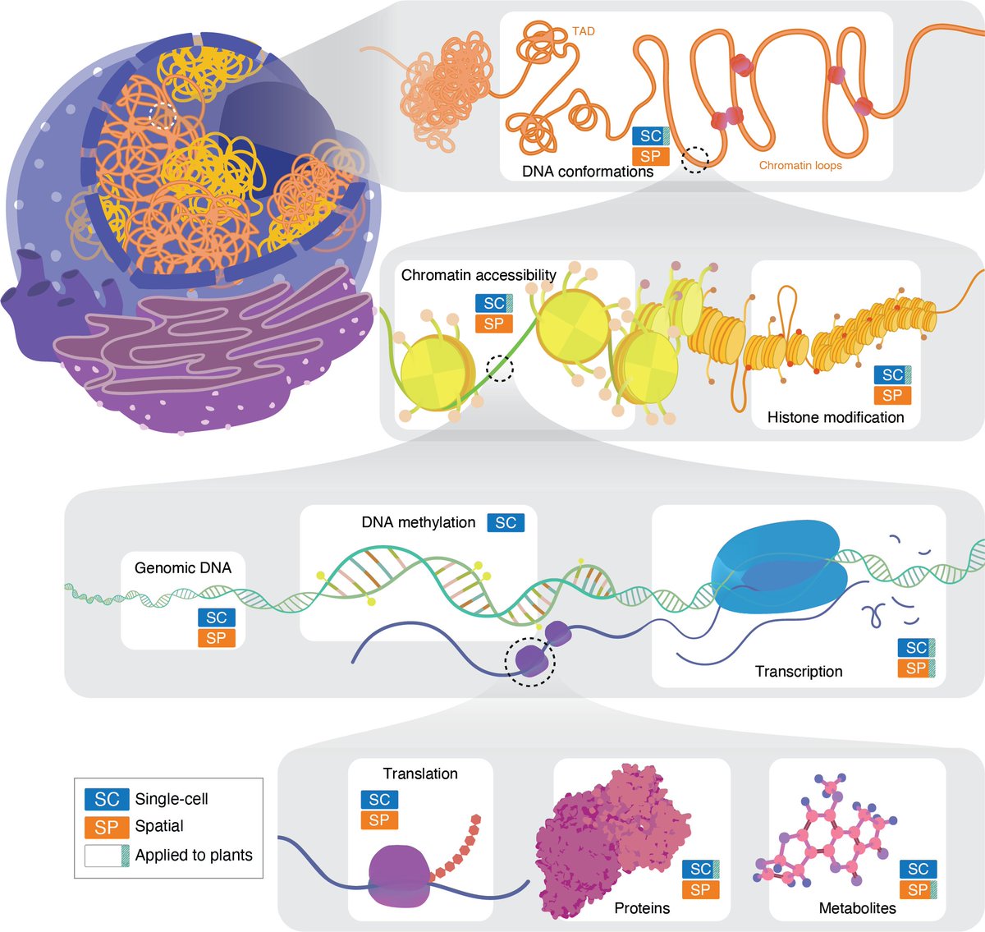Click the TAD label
coord(584,31)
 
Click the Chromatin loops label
coord(800,165)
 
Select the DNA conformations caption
coord(588,172)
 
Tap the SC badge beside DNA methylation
coord(506,522)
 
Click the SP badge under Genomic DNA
coord(216,638)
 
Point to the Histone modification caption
coord(836,417)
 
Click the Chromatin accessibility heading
coord(479,275)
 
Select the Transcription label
coord(799,671)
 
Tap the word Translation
coord(420,774)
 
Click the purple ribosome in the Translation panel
coord(400,877)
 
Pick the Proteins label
coord(642,908)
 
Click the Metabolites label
coord(858,908)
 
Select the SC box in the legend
coord(107,799)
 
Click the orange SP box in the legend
coord(107,827)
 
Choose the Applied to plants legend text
coord(194,855)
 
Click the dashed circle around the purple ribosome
coord(530,659)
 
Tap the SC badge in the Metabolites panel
coord(918,869)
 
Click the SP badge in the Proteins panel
coord(700,889)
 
